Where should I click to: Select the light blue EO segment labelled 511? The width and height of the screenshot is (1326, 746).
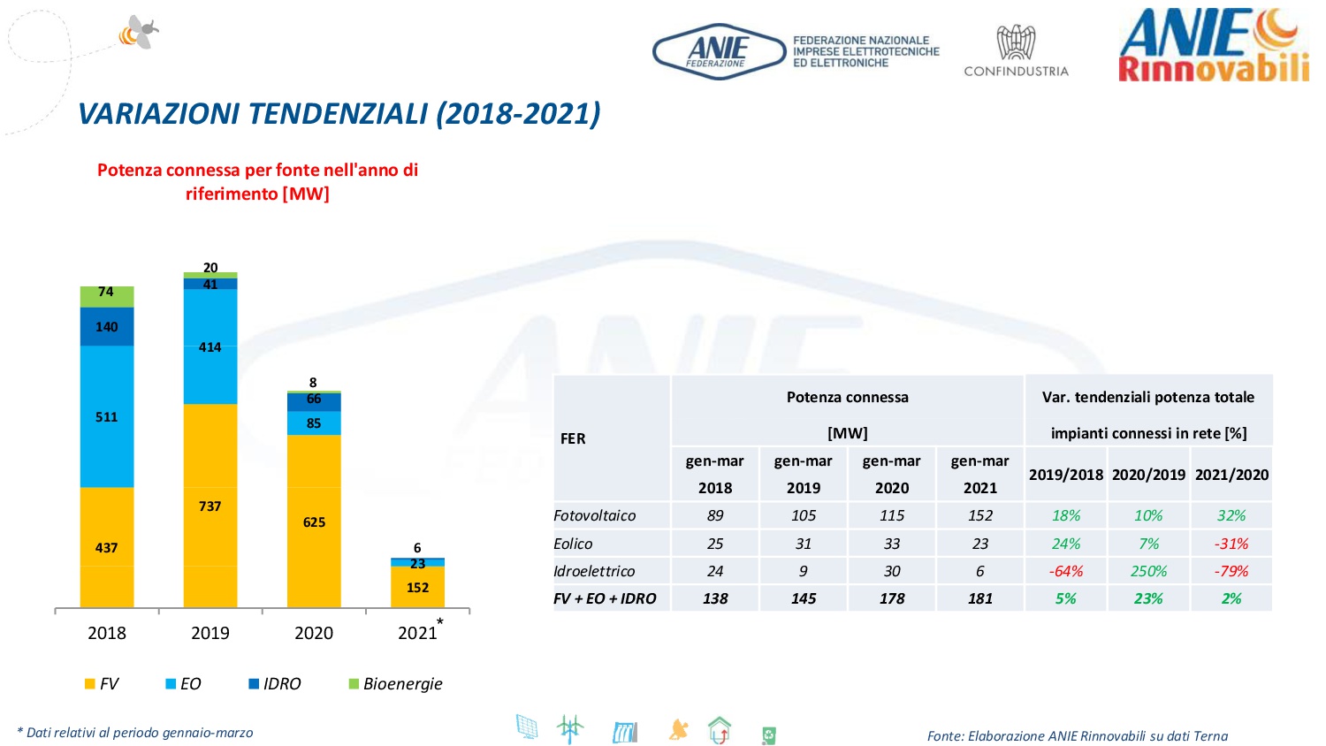(x=107, y=416)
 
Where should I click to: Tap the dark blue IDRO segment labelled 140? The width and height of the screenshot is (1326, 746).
(x=107, y=327)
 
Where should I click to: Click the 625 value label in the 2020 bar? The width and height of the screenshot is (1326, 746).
(x=314, y=522)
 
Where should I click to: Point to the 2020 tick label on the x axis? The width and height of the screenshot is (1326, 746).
(x=314, y=633)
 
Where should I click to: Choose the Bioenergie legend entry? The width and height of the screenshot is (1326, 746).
(x=395, y=684)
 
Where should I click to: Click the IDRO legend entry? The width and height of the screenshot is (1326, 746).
(x=275, y=684)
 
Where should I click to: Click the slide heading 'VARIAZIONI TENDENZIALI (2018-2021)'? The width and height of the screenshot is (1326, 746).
(x=339, y=114)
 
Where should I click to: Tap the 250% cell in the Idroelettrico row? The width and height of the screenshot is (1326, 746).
(x=1148, y=571)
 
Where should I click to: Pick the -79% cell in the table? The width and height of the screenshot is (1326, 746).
(x=1231, y=571)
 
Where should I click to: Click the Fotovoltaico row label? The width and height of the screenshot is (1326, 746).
(x=595, y=515)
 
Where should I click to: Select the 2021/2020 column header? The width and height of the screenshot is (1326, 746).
(x=1231, y=475)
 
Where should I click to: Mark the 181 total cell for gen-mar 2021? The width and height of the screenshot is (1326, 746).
(x=980, y=598)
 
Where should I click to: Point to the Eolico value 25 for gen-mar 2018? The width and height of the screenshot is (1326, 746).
(x=715, y=544)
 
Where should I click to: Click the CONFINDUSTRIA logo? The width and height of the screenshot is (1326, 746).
(x=1016, y=51)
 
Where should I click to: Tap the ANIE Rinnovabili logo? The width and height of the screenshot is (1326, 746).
(x=1213, y=46)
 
